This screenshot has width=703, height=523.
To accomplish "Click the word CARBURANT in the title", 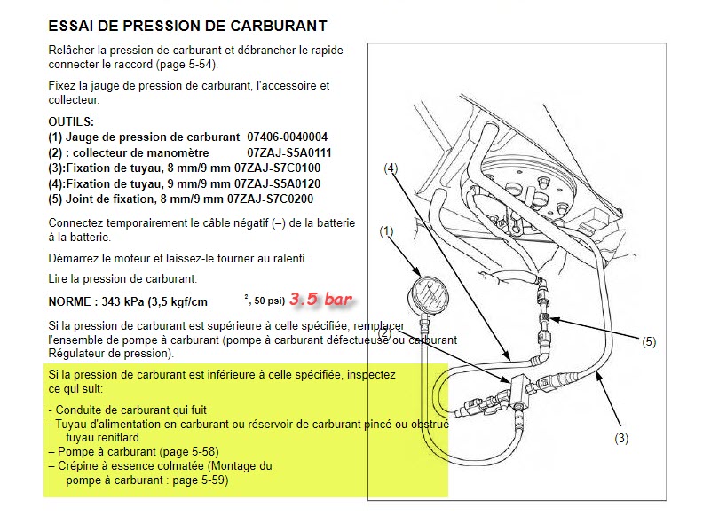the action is (x=279, y=26).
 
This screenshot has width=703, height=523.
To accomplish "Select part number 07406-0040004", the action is (x=288, y=137).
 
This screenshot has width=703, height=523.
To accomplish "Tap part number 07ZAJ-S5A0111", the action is (x=289, y=152).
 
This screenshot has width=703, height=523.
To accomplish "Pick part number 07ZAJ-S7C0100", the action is (x=278, y=168).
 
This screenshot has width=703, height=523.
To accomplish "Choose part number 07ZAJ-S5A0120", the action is (x=278, y=184).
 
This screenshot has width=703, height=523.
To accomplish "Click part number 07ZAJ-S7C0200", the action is (x=271, y=199).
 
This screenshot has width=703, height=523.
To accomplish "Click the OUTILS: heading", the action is (x=71, y=121).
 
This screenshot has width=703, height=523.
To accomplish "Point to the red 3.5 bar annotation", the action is (x=320, y=299).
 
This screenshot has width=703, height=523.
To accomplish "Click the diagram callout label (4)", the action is (x=391, y=168).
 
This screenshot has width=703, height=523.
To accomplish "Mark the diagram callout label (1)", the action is (x=386, y=231).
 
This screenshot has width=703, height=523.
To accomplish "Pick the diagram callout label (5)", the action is (x=649, y=342).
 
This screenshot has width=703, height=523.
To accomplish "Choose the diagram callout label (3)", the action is (x=621, y=439).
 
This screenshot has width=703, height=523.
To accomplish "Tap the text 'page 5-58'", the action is (x=195, y=452).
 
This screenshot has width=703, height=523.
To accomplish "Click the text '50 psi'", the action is (x=268, y=301).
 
